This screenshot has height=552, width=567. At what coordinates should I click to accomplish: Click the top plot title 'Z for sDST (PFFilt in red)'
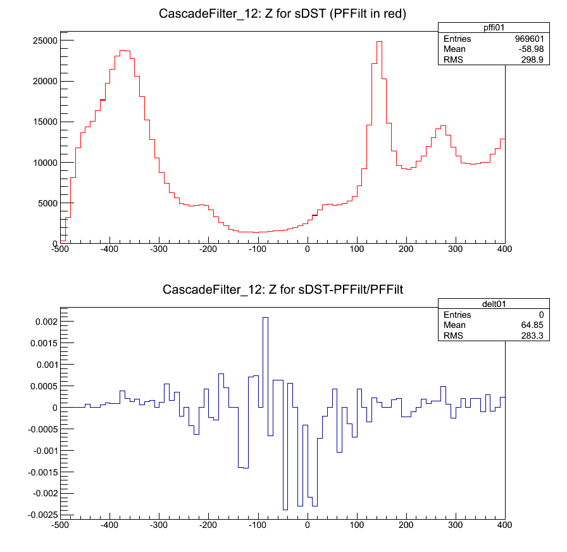[x=283, y=14]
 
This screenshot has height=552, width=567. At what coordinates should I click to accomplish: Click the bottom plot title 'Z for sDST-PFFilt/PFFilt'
[x=283, y=291]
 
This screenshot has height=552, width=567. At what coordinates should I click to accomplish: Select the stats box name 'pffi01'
[x=471, y=27]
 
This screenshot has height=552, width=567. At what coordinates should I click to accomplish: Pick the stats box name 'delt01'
[x=471, y=304]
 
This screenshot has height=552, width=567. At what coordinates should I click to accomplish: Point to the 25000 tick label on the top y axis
[x=45, y=41]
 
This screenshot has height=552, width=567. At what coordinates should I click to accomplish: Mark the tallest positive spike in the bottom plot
[x=265, y=318]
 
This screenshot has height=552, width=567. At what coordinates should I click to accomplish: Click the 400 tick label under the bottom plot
[x=504, y=525]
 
